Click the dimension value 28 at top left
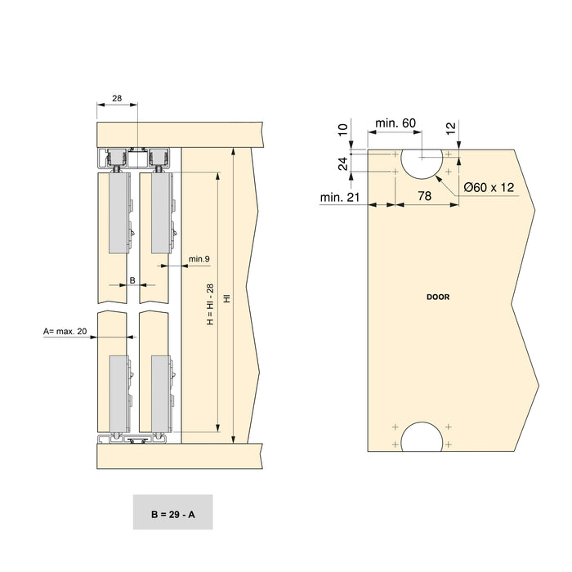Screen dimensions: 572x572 point(117,98)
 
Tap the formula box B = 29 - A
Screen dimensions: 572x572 point(172,515)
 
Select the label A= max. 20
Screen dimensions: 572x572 point(65,331)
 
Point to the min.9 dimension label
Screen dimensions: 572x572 point(199,259)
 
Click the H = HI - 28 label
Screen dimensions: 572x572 point(209,305)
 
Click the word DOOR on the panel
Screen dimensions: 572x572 point(438,297)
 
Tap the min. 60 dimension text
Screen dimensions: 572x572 point(395,123)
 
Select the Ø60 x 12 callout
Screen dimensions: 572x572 point(489,187)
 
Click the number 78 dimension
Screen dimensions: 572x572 point(425,196)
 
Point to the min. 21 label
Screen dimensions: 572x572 point(341,197)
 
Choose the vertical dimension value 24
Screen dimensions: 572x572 point(343,163)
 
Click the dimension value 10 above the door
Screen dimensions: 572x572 point(343,129)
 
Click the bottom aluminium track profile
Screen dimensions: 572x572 point(134,440)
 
